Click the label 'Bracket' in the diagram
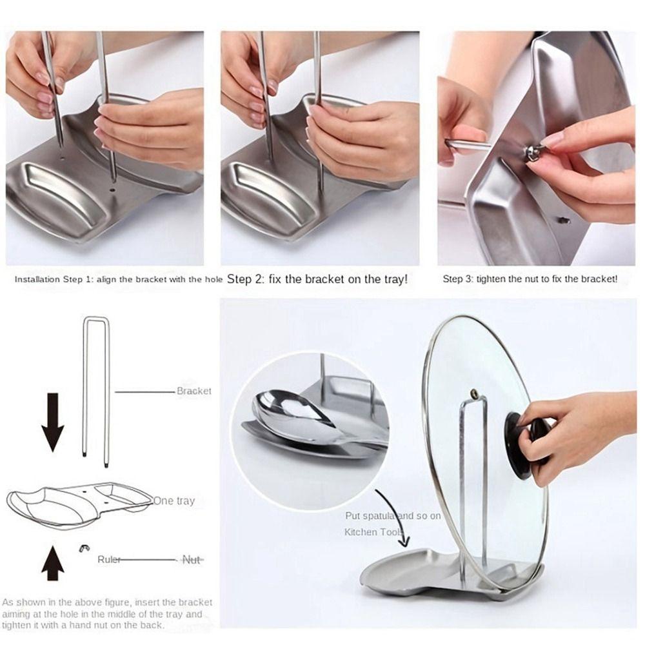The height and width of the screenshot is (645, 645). [x=193, y=391]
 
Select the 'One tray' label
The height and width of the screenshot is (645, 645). [x=174, y=501]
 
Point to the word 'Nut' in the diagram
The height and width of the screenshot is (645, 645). [x=192, y=559]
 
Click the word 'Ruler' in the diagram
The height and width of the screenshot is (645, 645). [x=109, y=559]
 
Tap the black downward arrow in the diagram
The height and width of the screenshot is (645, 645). [x=53, y=422]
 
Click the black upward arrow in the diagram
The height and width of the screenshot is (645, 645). [x=53, y=562]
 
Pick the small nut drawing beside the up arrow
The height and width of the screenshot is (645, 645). [x=84, y=548]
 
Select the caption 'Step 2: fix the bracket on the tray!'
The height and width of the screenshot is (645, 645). [x=317, y=279]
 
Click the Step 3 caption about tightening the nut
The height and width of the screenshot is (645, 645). [x=530, y=279]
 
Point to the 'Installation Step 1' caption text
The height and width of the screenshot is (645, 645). [x=119, y=279]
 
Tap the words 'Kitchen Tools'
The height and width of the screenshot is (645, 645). [x=373, y=532]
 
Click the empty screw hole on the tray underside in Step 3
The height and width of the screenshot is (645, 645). [x=564, y=220]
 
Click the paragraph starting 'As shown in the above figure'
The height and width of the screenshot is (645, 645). [x=107, y=614]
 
